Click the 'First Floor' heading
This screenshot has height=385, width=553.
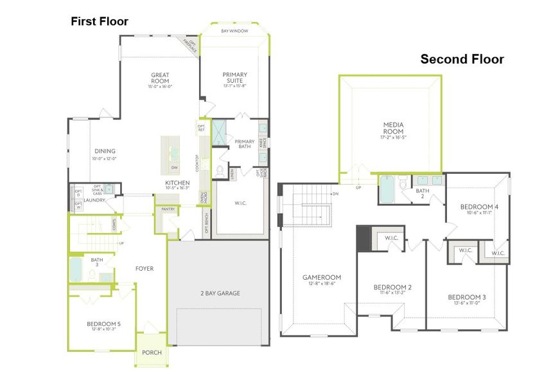100,22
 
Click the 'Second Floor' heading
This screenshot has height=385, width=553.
462,60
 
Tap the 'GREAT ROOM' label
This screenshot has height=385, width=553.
160,79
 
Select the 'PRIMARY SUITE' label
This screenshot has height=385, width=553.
234,78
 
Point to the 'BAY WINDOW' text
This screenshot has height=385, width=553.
234,31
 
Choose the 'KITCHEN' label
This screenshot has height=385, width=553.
177,183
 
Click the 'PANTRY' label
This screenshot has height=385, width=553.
168,209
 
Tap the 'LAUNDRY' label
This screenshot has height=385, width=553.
94,200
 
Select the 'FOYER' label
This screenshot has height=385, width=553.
145,268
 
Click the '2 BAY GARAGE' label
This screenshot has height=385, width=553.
219,293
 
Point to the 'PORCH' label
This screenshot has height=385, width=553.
152,352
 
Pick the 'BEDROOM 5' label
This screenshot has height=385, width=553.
103,324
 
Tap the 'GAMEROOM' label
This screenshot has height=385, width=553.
321,277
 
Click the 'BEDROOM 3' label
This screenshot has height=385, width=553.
467,297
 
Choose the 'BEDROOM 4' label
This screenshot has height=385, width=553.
479,207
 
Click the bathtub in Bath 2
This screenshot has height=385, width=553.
387,189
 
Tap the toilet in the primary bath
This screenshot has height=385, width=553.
220,171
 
